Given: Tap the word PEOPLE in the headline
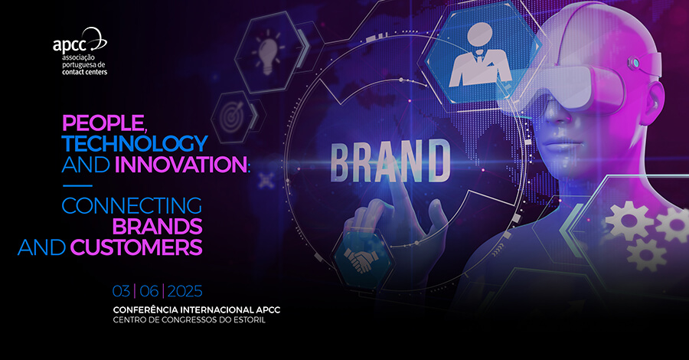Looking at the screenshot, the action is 103,123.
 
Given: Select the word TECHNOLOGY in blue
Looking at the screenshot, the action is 135,143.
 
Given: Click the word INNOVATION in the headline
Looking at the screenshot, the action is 181,165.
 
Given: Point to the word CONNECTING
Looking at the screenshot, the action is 132,206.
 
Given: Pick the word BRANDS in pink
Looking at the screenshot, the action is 157,227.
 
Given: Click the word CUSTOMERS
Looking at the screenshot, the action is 136,247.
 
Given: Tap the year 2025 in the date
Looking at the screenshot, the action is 185,291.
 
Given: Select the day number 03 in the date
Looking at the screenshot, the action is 121,291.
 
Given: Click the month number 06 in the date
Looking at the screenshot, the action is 149,291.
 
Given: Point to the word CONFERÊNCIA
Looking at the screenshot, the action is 145,310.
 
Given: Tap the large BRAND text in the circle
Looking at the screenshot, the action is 390,162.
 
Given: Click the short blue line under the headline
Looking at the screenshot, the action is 77,185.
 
